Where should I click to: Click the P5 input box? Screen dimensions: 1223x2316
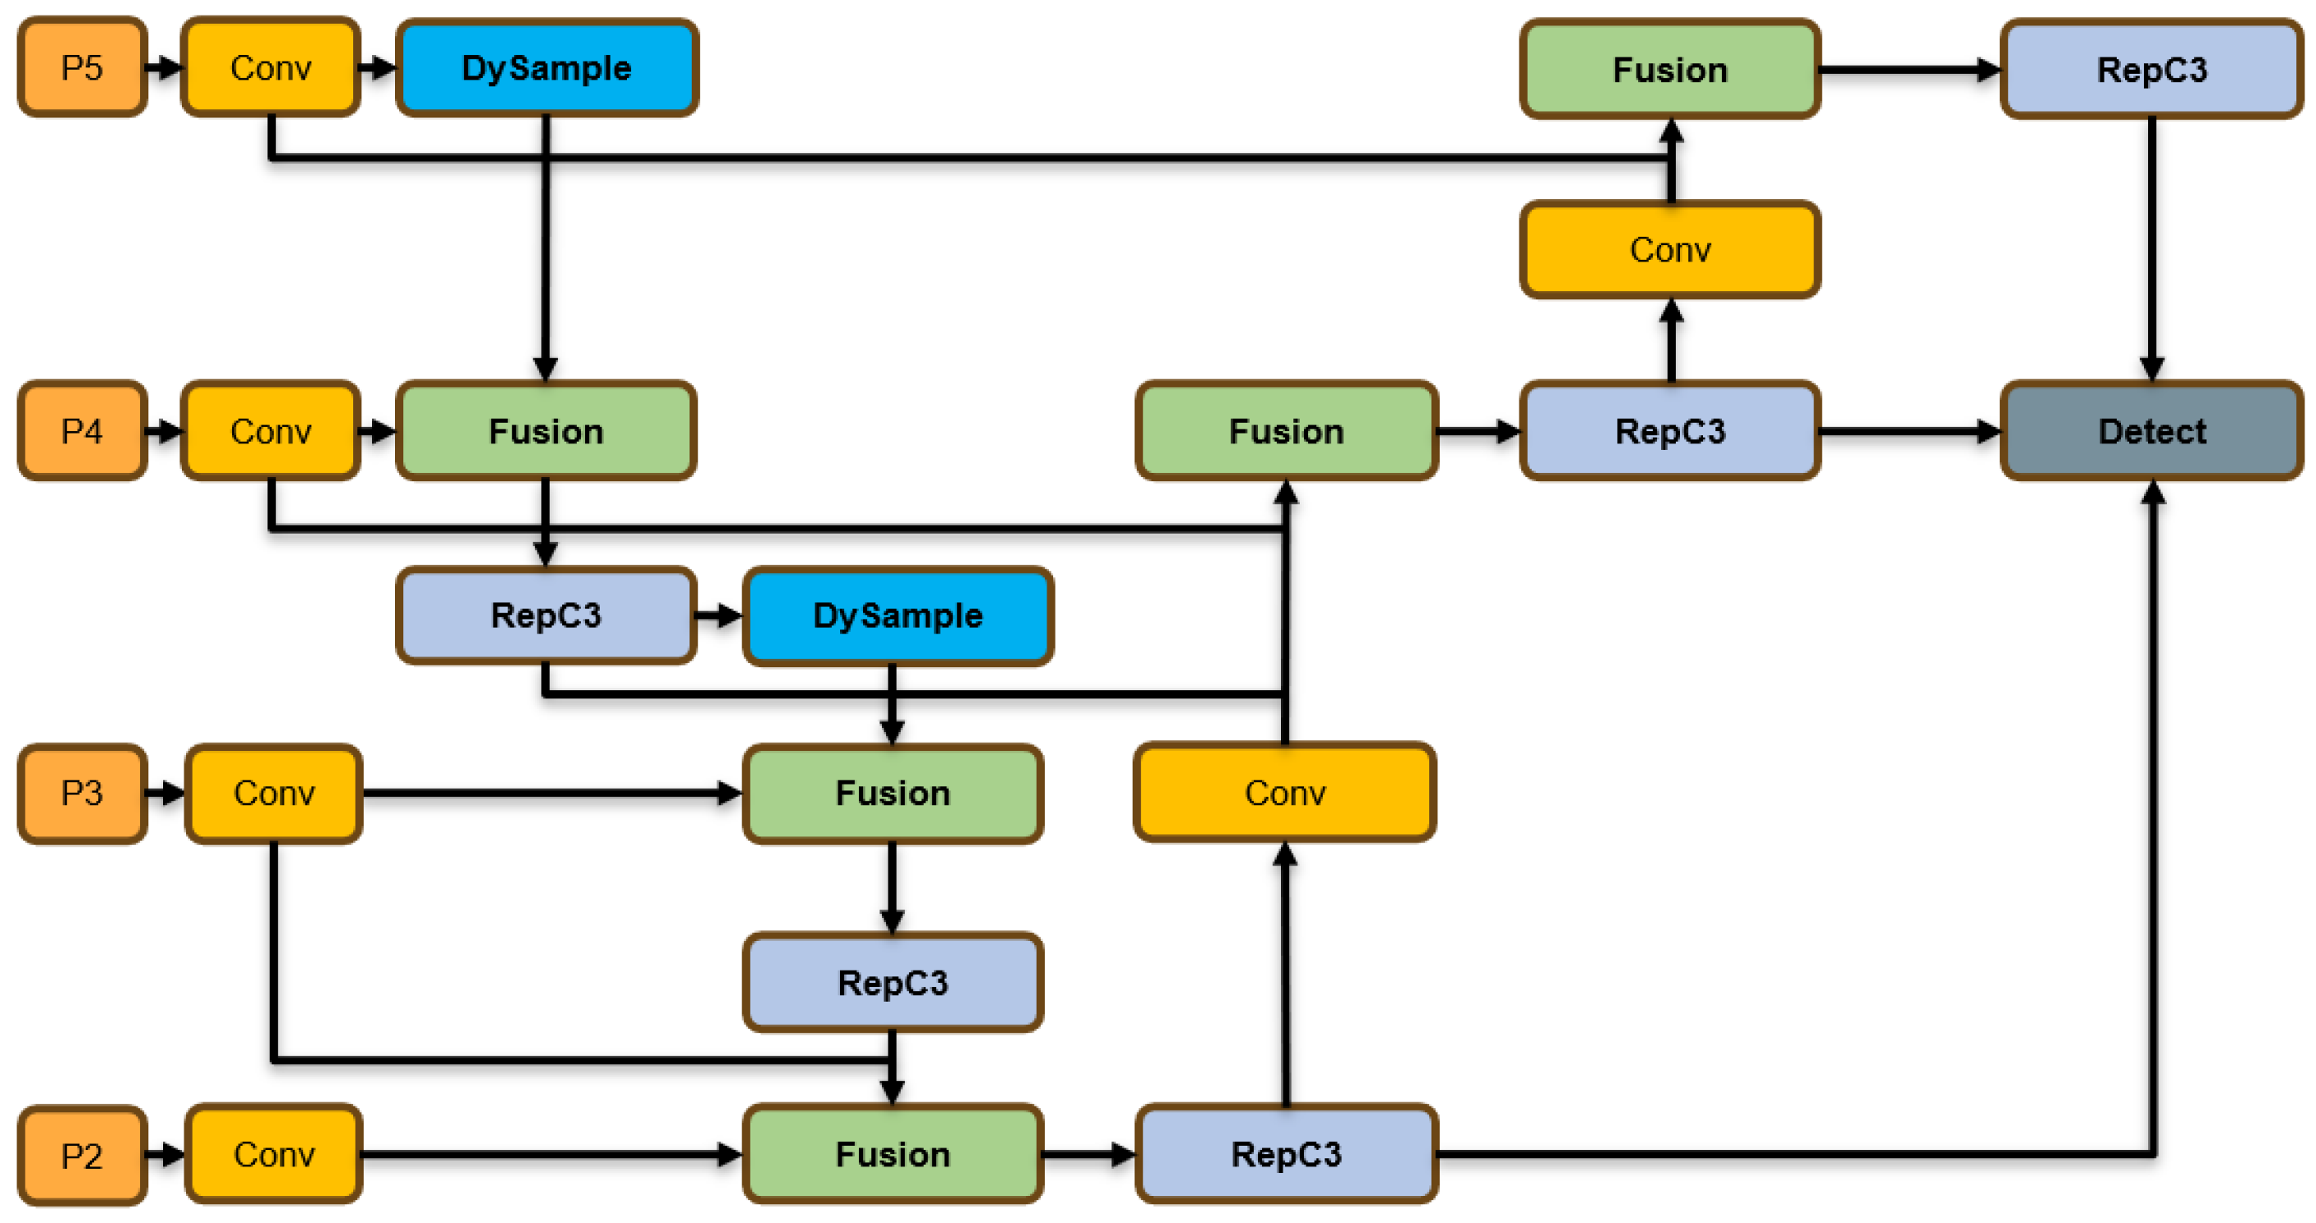click(x=82, y=67)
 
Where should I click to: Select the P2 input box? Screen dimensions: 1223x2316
click(x=82, y=1155)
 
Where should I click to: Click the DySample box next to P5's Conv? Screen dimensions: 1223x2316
click(x=547, y=68)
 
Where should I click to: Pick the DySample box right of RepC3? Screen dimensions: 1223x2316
click(x=897, y=616)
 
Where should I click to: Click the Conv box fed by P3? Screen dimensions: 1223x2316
click(x=274, y=793)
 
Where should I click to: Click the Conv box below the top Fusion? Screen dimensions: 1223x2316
click(x=1669, y=249)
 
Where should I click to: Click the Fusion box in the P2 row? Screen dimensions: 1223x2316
click(x=892, y=1154)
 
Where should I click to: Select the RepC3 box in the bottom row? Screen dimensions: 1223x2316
click(x=1286, y=1154)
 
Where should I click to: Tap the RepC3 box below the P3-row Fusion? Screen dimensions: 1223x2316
click(x=892, y=982)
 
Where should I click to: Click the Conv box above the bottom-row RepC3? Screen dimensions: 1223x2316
click(x=1285, y=793)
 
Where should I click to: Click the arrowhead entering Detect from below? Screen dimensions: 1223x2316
click(x=2152, y=493)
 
